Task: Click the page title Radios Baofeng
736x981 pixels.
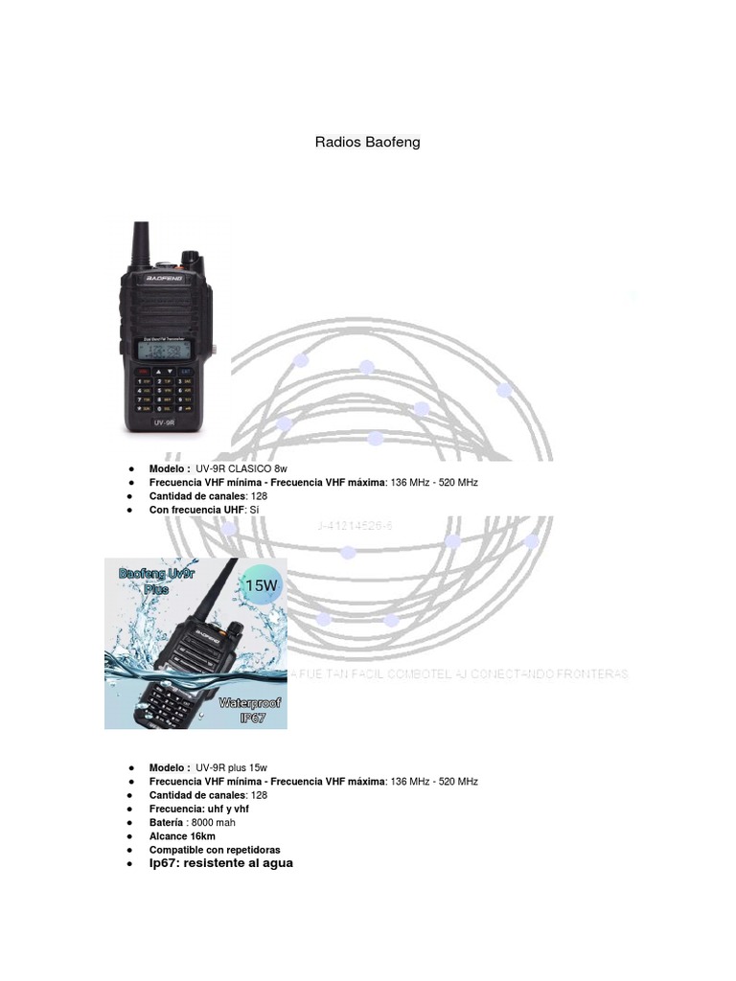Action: point(367,143)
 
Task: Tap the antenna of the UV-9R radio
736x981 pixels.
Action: point(140,243)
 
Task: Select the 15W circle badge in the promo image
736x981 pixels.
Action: point(262,583)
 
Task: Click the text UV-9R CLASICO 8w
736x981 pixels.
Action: point(241,469)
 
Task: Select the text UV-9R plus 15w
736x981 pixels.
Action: point(232,768)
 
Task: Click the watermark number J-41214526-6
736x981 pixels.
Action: point(354,526)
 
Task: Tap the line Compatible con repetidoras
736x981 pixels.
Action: point(215,850)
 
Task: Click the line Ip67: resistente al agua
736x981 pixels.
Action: point(220,863)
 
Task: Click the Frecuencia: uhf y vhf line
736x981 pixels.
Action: point(198,810)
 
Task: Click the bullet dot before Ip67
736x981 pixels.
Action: point(130,863)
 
